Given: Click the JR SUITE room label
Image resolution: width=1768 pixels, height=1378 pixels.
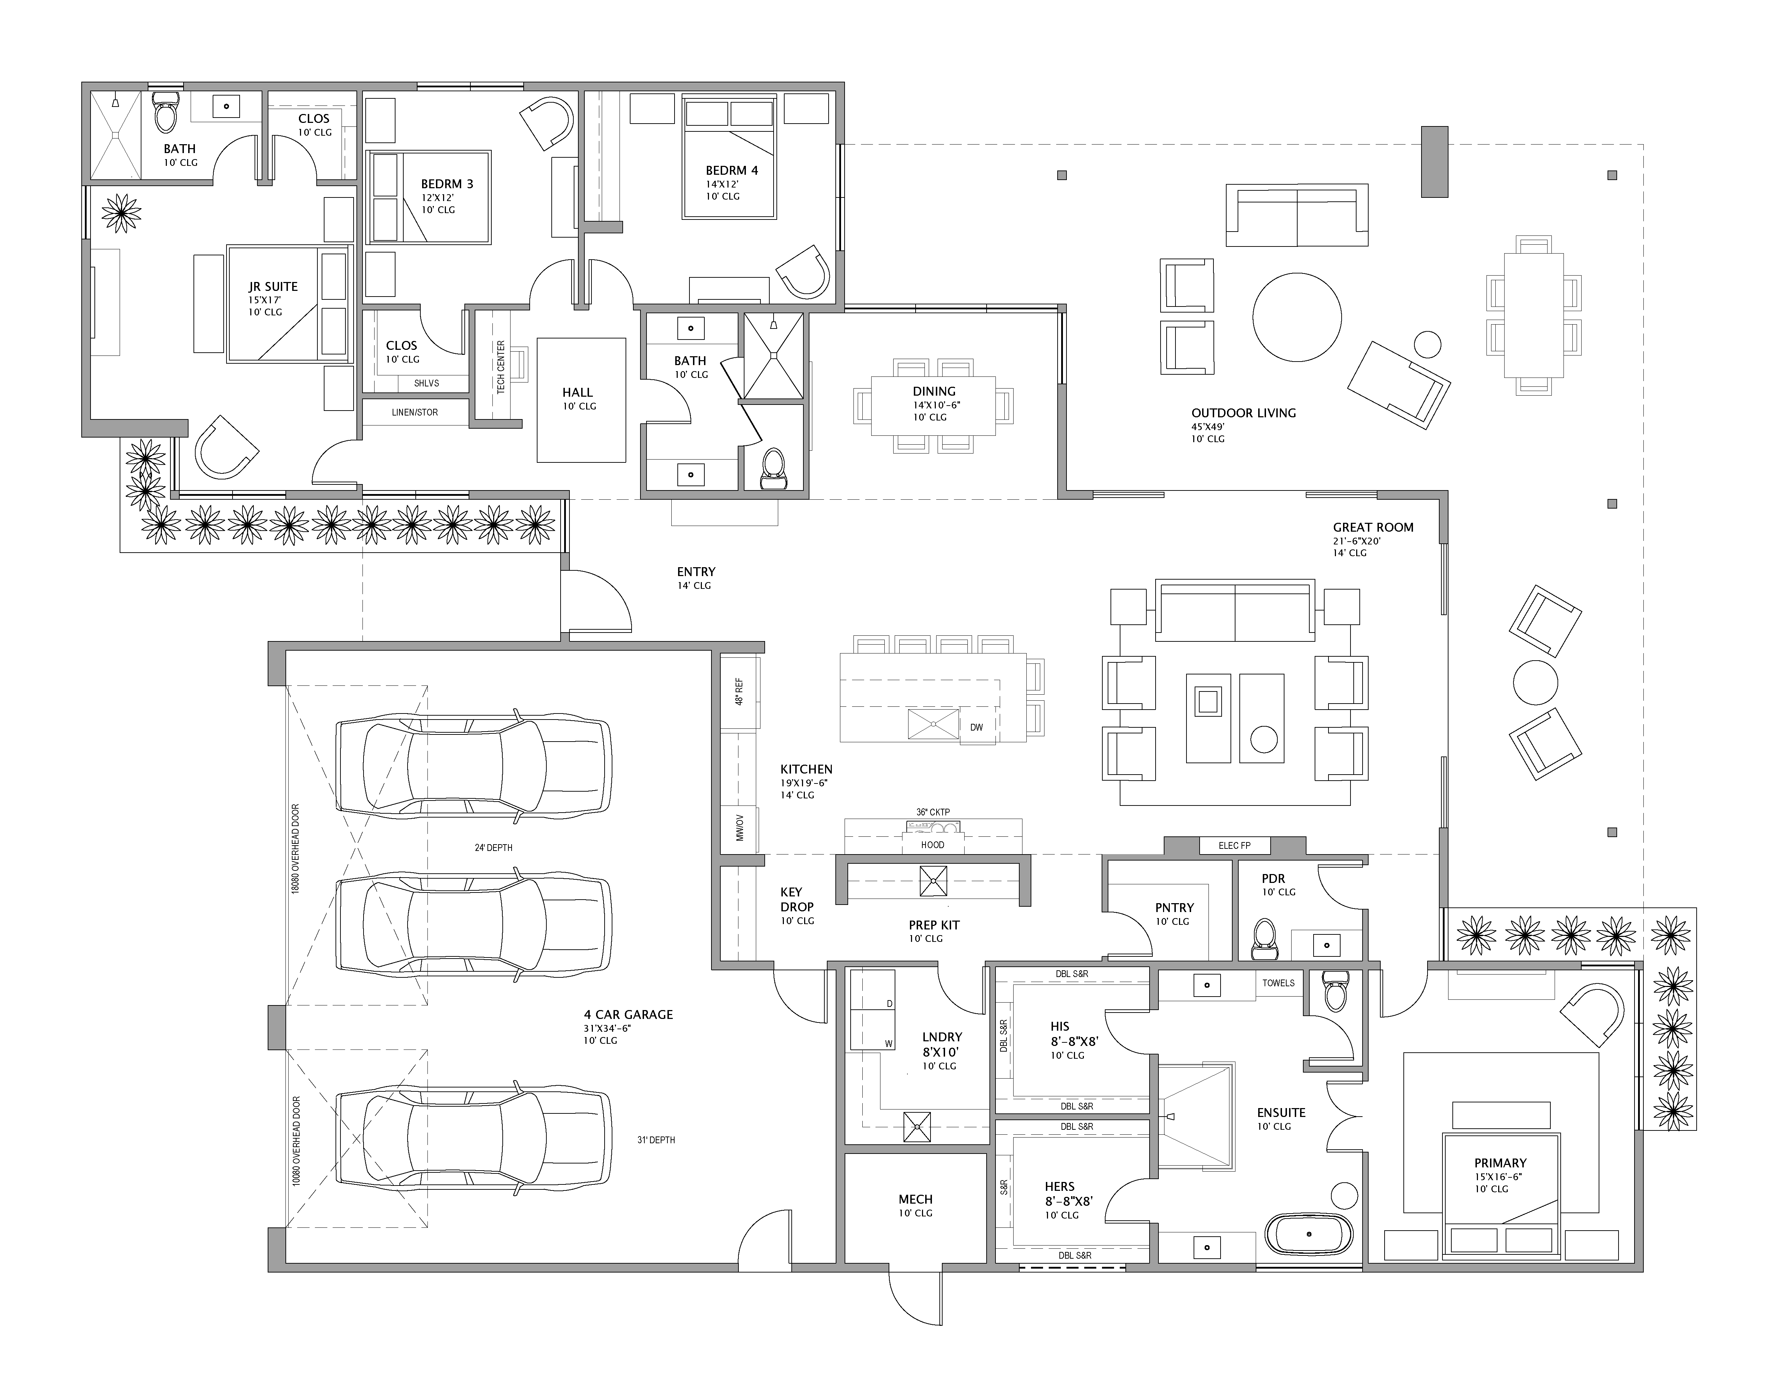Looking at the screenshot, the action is [x=273, y=287].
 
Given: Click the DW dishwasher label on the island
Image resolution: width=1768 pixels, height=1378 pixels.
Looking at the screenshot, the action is [x=976, y=727].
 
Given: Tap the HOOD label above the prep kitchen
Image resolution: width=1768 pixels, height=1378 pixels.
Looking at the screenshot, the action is [x=933, y=845].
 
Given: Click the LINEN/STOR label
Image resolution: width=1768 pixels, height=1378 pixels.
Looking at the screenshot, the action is [x=414, y=412].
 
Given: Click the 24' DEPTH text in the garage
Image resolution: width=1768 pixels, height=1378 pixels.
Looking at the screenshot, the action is [x=493, y=848].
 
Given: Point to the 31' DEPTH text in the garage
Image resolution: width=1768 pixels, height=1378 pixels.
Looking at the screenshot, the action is [x=656, y=1140].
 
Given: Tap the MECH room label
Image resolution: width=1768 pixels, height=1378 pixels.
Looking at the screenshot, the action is [x=916, y=1199].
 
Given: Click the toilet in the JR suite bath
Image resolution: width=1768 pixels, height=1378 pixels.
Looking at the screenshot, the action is [x=166, y=112].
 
